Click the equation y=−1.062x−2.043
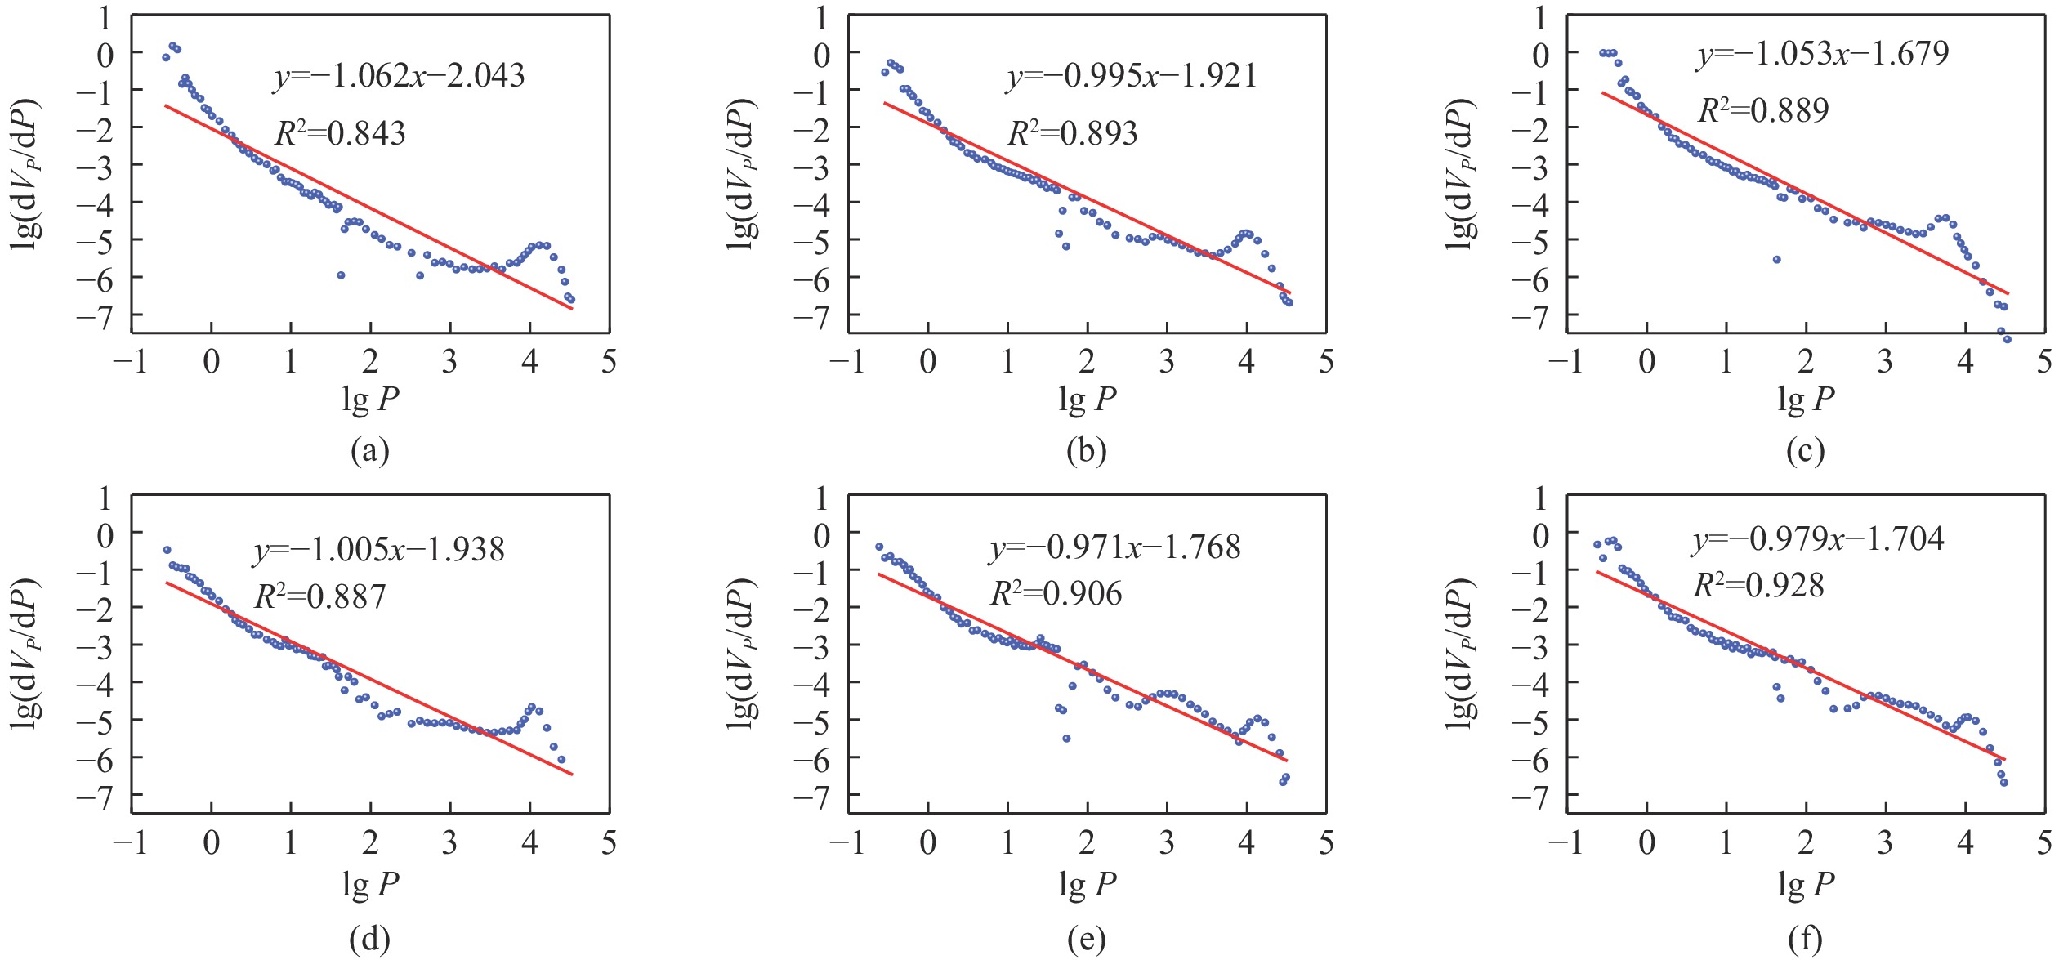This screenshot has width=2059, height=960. tap(399, 76)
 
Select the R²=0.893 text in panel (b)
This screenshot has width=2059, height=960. tap(1073, 133)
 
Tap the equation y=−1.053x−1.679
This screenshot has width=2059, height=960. tap(1823, 54)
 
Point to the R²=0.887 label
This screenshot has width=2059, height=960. tap(319, 596)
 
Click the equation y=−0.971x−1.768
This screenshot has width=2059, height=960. tap(1115, 547)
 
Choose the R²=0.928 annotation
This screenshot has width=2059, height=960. tap(1758, 585)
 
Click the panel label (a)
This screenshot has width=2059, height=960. tap(369, 451)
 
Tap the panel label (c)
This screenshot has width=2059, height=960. tap(1805, 451)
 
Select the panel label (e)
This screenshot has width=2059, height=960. tap(1087, 940)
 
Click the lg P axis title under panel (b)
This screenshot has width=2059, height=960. tap(1087, 400)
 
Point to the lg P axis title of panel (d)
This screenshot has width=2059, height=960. tap(370, 884)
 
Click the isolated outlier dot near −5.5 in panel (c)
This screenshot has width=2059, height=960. tap(1776, 259)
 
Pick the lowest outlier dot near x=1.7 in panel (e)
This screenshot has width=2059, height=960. tap(1066, 739)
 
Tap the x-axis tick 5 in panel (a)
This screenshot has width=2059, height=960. tap(609, 361)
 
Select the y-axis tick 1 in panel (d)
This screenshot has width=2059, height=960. tap(105, 498)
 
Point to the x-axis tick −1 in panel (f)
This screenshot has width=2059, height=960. tap(1569, 843)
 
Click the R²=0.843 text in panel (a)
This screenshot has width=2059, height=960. tap(340, 133)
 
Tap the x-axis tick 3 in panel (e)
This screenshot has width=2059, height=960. tap(1166, 843)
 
